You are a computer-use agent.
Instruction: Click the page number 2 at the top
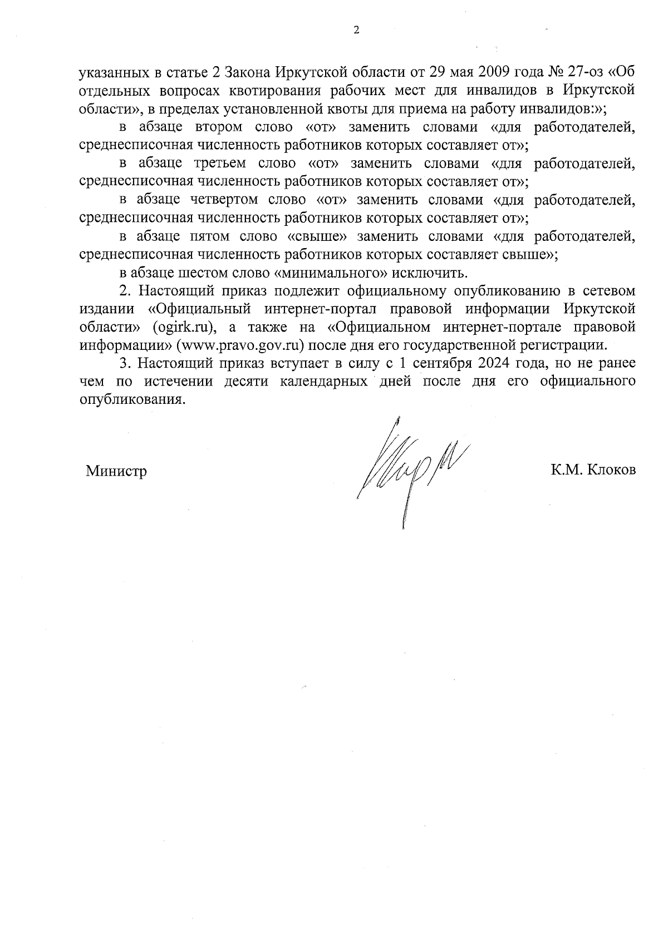356,31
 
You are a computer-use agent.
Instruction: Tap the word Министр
116,472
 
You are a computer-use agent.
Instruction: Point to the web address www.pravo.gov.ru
242,345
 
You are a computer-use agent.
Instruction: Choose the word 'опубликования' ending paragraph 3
131,401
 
